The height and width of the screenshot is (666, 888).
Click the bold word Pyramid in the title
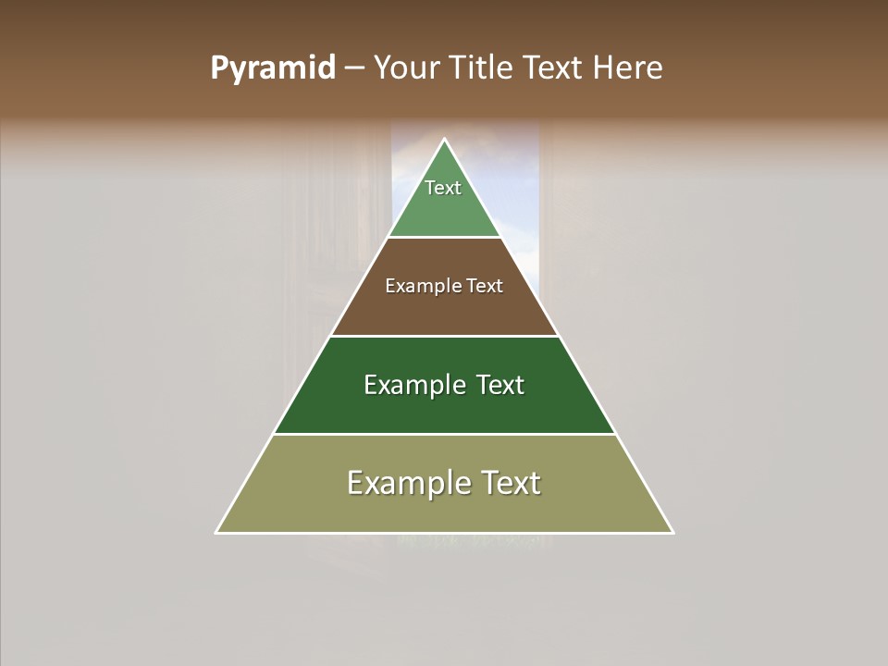[272, 68]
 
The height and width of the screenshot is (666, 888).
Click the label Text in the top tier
[443, 188]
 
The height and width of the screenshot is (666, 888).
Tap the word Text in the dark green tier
[499, 385]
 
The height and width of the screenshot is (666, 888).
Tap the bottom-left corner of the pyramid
[217, 532]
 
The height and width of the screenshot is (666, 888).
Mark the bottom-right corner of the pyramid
[672, 532]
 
